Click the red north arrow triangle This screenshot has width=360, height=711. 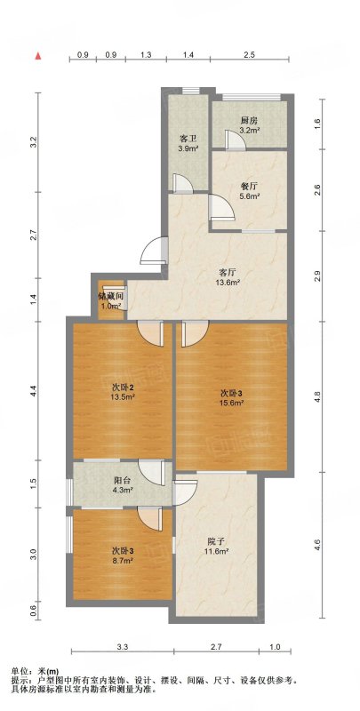coord(39,56)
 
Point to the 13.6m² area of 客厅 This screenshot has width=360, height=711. coord(228,282)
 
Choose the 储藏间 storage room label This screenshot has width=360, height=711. coord(110,297)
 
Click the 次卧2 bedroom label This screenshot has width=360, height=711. coord(123,388)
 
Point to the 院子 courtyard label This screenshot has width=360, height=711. coord(217,541)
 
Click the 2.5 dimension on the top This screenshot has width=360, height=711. coord(250,54)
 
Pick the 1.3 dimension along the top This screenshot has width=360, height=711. coord(146,54)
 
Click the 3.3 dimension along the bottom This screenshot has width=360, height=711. coord(123,647)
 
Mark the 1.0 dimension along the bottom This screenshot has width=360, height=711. coord(275,647)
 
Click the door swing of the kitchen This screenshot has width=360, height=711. coord(236,139)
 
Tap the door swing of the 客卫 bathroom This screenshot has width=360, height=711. coord(181,182)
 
